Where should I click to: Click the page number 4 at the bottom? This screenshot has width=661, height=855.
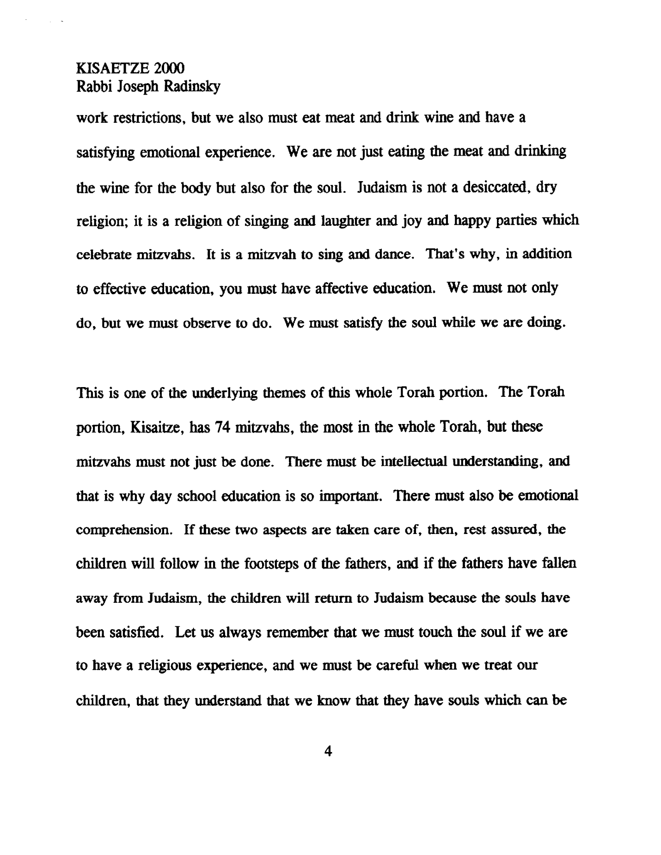tap(328, 752)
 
